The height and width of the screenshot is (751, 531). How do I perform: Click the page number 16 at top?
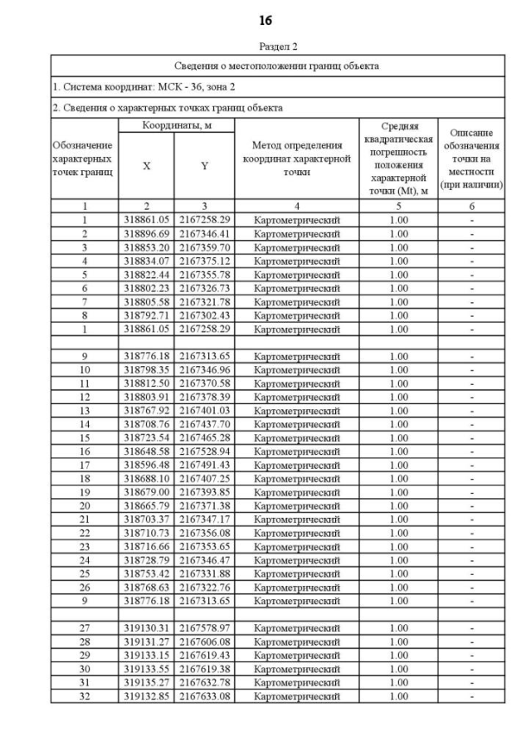(265, 20)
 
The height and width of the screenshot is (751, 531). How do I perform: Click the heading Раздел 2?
(278, 46)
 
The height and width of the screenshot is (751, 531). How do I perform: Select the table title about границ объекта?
(278, 66)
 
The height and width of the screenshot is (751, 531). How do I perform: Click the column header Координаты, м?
(175, 125)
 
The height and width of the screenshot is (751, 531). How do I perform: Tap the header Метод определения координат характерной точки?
(296, 158)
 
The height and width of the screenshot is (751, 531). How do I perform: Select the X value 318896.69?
(146, 234)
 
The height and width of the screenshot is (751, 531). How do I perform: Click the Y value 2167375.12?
(204, 261)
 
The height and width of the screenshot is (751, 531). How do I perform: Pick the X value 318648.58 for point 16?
(146, 451)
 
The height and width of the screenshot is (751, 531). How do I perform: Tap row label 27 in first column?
(84, 629)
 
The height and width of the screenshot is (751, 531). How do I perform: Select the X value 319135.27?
(146, 683)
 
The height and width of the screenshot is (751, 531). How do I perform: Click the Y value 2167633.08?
(204, 696)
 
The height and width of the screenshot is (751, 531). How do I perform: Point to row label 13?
(84, 411)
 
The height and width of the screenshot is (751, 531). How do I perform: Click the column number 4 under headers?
(296, 205)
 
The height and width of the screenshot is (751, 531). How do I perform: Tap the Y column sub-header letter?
(204, 165)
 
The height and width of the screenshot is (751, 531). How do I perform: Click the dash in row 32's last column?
(471, 696)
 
